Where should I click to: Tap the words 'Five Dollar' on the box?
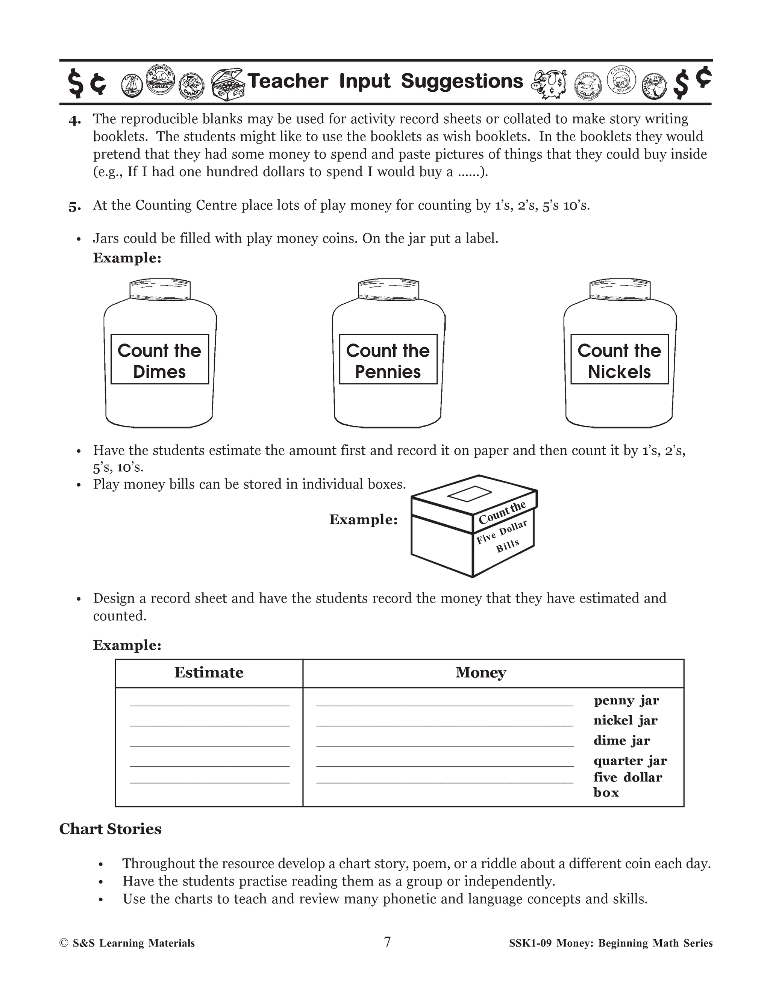pos(502,532)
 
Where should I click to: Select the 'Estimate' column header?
pos(209,673)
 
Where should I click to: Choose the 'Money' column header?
pos(481,673)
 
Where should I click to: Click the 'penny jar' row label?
pos(626,701)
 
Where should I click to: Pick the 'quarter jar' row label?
pos(630,761)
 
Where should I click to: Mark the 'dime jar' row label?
pos(622,741)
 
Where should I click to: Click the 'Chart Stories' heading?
pos(111,829)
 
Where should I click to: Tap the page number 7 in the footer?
pos(387,942)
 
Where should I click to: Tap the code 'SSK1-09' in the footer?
pos(530,943)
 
